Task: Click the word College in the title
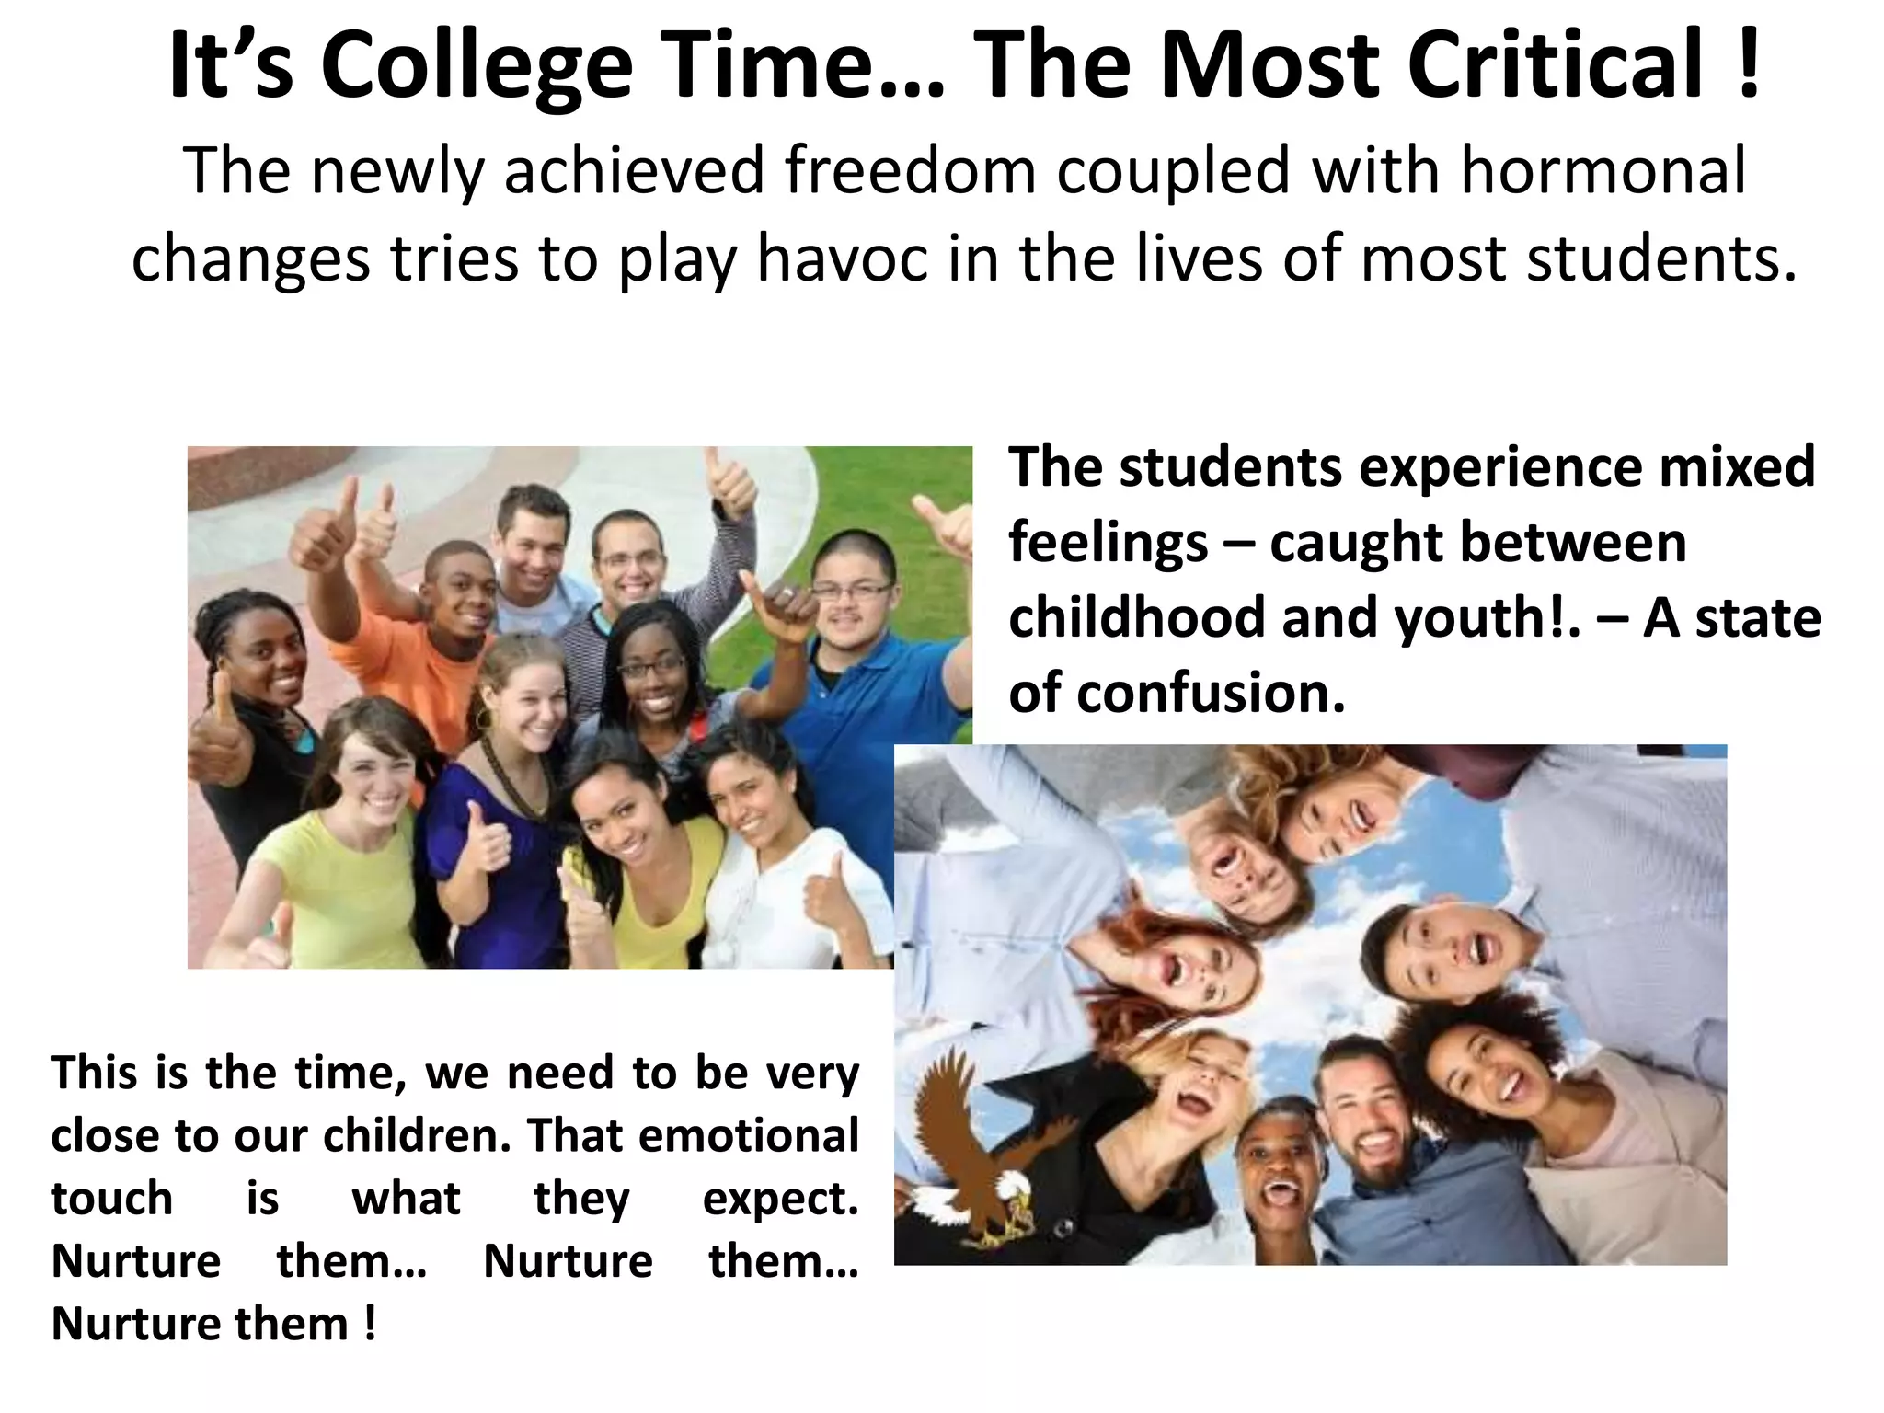[477, 66]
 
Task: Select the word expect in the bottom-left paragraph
[779, 1199]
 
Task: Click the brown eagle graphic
[975, 1150]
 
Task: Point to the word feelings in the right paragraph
[1108, 543]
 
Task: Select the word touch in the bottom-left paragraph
[112, 1199]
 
